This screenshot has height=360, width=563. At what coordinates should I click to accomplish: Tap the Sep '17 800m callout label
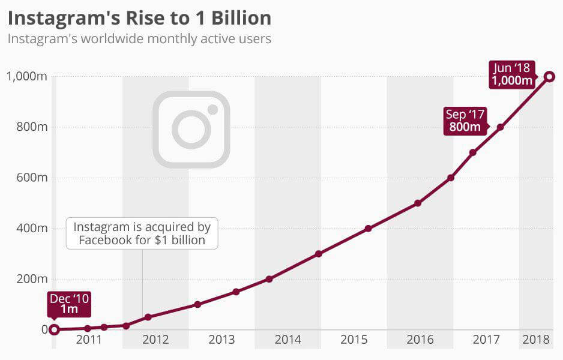pyautogui.click(x=466, y=121)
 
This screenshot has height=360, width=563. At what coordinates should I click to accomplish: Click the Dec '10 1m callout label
pyautogui.click(x=69, y=304)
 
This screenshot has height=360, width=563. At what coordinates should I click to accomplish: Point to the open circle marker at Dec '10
pyautogui.click(x=54, y=329)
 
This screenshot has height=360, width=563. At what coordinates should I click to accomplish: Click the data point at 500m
pyautogui.click(x=418, y=203)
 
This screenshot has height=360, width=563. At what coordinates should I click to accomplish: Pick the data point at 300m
pyautogui.click(x=319, y=254)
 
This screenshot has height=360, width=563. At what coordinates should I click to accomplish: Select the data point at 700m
pyautogui.click(x=473, y=152)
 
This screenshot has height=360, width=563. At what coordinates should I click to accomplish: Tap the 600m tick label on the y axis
pyautogui.click(x=27, y=178)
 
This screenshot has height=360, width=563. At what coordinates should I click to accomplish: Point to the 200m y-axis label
pyautogui.click(x=27, y=278)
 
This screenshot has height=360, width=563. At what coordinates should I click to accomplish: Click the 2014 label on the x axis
pyautogui.click(x=288, y=340)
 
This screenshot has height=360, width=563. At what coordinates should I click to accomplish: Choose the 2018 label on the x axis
pyautogui.click(x=536, y=340)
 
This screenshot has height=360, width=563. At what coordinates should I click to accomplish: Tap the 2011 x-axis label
pyautogui.click(x=89, y=340)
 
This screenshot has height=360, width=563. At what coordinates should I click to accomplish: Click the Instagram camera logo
pyautogui.click(x=191, y=129)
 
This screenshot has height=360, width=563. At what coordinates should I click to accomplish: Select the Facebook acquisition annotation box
pyautogui.click(x=142, y=233)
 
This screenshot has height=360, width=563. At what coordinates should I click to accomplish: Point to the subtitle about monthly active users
pyautogui.click(x=139, y=39)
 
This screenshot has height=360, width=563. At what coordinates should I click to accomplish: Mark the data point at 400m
pyautogui.click(x=369, y=229)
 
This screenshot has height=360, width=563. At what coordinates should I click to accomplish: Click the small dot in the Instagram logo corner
pyautogui.click(x=212, y=109)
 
